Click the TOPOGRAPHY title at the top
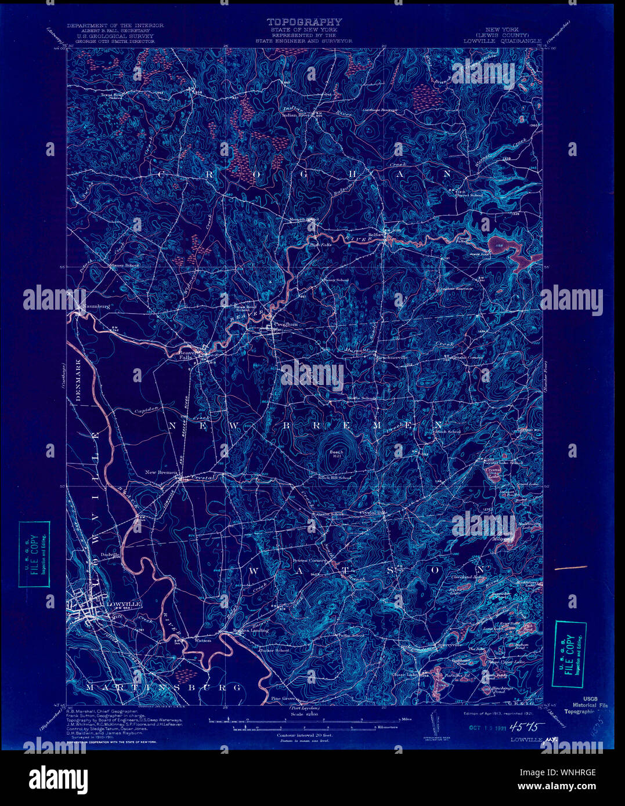304,22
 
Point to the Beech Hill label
337,454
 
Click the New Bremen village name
161,473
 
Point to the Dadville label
110,554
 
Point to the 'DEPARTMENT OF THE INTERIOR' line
115,26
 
